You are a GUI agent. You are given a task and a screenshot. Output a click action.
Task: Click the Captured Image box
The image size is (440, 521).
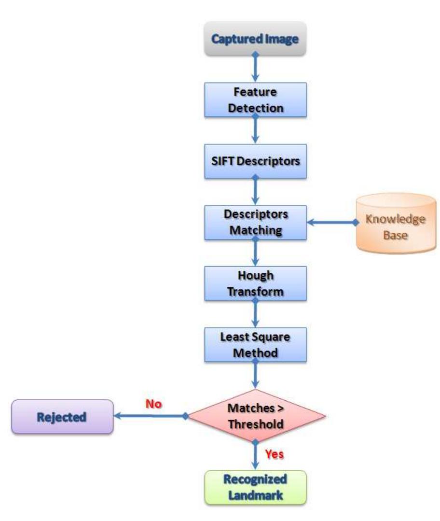(x=255, y=38)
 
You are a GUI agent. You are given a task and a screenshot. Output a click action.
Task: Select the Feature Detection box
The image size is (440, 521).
(x=255, y=99)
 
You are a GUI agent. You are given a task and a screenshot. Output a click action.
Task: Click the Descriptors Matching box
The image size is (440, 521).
(x=255, y=222)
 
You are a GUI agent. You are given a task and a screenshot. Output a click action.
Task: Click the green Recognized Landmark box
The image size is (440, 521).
(x=255, y=488)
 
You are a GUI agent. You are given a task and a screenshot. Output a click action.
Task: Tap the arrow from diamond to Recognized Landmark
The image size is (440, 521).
(x=255, y=456)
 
